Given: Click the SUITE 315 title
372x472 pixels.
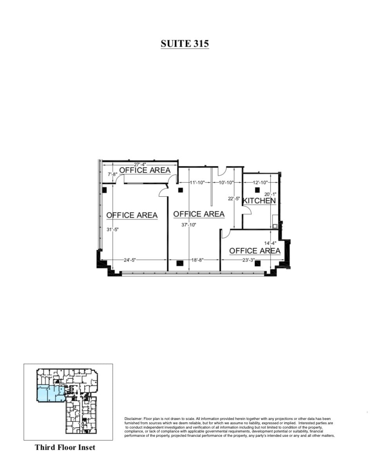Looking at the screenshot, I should pyautogui.click(x=185, y=43).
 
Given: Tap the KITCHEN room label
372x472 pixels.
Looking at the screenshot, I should pyautogui.click(x=259, y=201).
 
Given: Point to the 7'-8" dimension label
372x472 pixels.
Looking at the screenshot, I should pyautogui.click(x=112, y=174).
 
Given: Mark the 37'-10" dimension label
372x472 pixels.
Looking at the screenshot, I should pyautogui.click(x=189, y=225).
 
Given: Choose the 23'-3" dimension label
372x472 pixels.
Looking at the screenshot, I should pyautogui.click(x=248, y=260).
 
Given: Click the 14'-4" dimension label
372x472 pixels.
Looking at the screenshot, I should pyautogui.click(x=270, y=243).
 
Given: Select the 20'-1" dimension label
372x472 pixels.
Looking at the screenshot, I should pyautogui.click(x=270, y=194).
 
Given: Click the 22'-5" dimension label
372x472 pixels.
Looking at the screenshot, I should pyautogui.click(x=234, y=198).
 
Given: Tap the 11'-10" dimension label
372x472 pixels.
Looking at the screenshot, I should pyautogui.click(x=197, y=182).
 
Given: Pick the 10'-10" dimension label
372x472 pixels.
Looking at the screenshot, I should pyautogui.click(x=226, y=182).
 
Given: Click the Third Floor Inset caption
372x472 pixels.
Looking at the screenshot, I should pyautogui.click(x=65, y=447).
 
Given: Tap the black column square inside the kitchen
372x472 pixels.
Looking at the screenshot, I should pyautogui.click(x=257, y=190).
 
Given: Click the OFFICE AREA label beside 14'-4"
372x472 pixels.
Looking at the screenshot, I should pyautogui.click(x=255, y=251).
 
